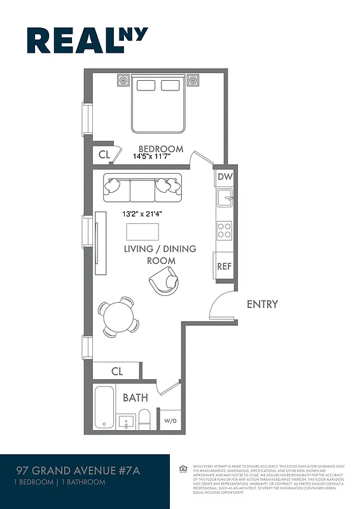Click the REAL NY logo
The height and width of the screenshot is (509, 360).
[x=87, y=40]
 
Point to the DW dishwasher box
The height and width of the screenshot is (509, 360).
[x=225, y=178]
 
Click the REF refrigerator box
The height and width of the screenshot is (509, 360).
[x=225, y=266]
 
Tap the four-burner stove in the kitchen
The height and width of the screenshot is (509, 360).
[x=224, y=230]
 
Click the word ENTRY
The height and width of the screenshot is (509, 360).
[x=262, y=304]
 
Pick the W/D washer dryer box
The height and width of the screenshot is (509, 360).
[x=170, y=421]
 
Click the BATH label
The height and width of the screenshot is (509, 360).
[x=135, y=398]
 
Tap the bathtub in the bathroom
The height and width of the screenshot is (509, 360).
[x=104, y=407]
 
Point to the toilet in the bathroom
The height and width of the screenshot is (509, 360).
[x=144, y=419]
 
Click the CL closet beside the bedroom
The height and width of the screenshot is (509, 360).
[x=104, y=154]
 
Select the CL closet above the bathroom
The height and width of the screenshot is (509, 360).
[x=117, y=371]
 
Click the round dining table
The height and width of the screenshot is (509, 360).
[x=118, y=316]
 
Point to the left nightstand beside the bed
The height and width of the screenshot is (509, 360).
[x=123, y=81]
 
